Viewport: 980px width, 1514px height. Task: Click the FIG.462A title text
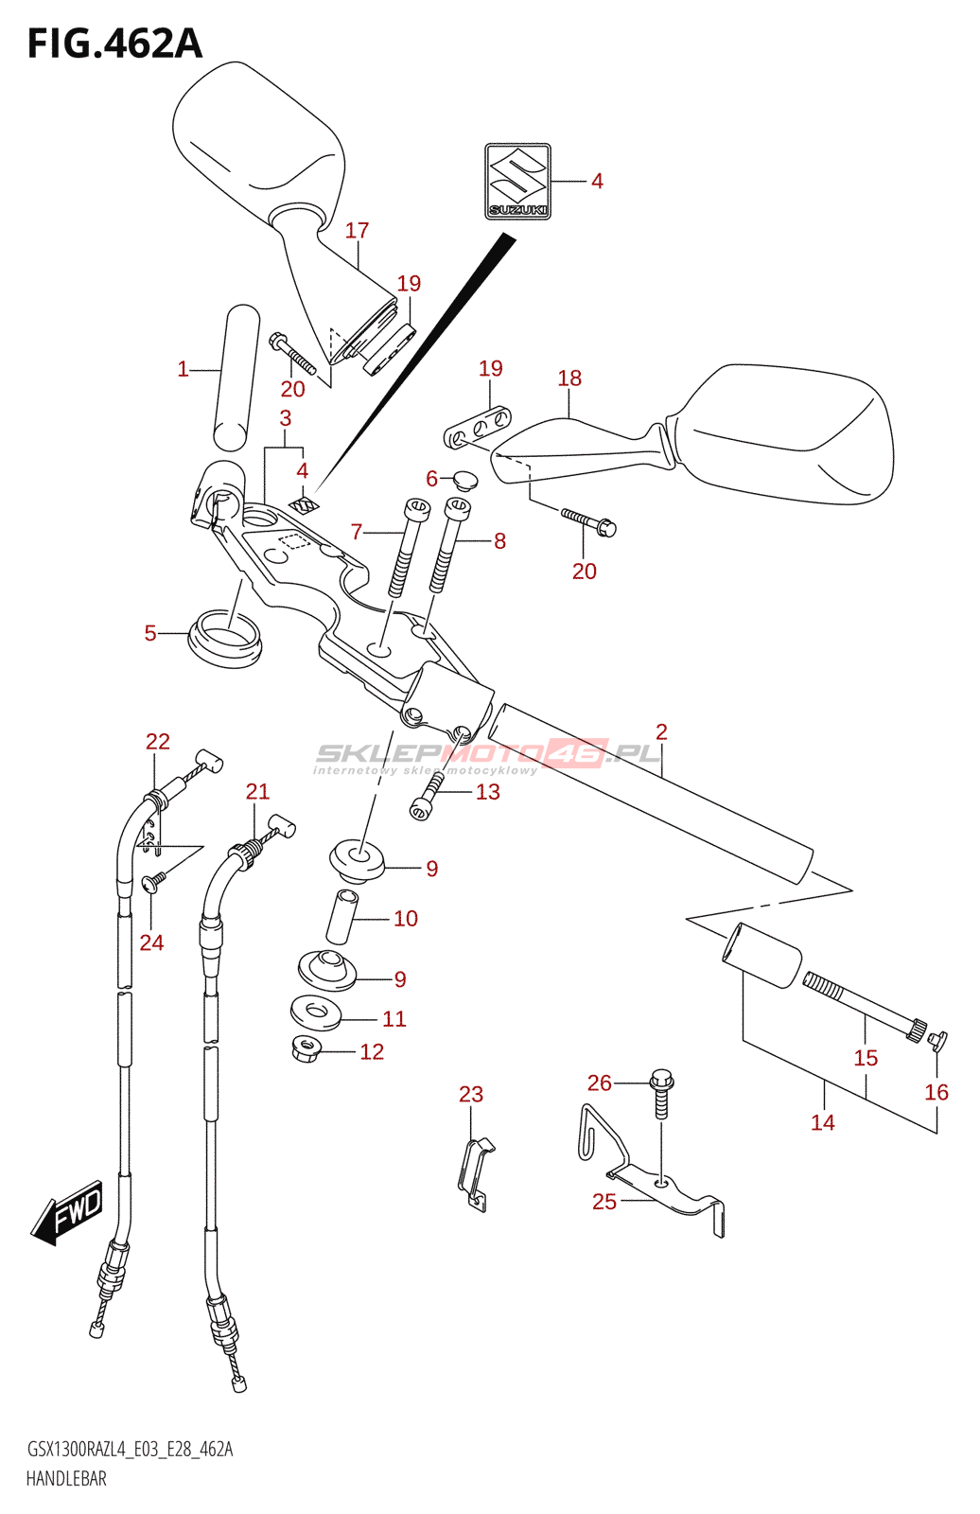click(114, 44)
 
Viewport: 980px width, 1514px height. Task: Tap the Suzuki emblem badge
click(517, 181)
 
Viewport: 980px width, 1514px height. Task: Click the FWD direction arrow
click(68, 1211)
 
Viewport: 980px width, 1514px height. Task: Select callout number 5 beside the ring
click(150, 633)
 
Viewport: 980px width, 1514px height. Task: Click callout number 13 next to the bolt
click(487, 792)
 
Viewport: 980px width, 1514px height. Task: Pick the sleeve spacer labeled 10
click(342, 915)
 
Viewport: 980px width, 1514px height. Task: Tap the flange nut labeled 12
click(306, 1048)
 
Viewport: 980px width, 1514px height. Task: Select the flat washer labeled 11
click(314, 1012)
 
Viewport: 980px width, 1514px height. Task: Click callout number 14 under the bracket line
click(822, 1122)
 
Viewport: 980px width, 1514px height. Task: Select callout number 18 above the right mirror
click(569, 378)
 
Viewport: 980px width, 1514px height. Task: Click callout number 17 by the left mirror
click(357, 231)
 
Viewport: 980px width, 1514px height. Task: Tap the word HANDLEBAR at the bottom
click(66, 1479)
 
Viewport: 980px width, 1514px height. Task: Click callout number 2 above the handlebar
click(661, 731)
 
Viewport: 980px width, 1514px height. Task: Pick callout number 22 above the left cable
click(158, 742)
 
